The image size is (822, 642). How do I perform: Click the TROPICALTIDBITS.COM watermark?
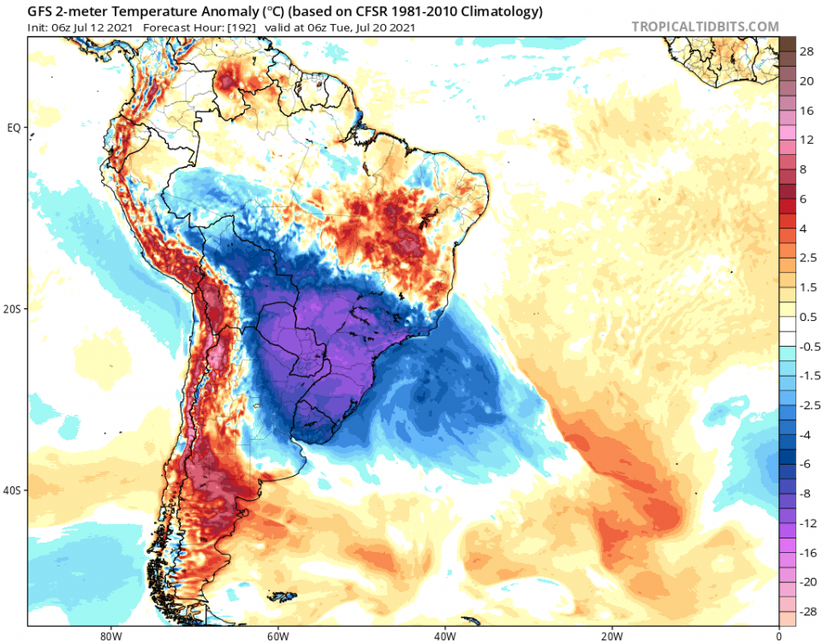point(706,27)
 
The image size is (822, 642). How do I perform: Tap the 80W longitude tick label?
point(109,636)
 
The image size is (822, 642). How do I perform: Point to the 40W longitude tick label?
point(444,636)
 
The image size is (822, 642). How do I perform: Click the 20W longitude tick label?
point(611,636)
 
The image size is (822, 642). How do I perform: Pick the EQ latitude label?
point(13,128)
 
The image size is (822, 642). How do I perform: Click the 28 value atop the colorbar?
point(806,51)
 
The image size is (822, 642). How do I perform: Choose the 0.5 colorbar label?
point(807,317)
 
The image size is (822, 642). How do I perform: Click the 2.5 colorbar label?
point(807,258)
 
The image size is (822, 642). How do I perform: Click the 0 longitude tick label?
point(778,636)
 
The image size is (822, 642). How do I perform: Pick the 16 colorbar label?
point(806,111)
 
